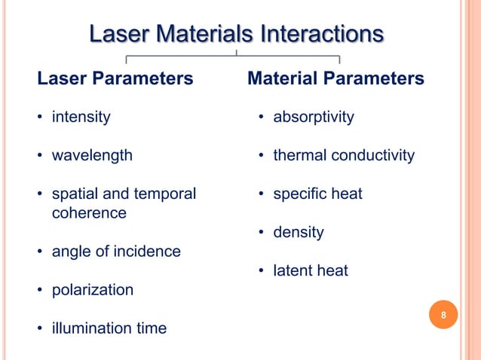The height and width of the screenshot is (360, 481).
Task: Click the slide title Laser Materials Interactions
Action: pos(236,35)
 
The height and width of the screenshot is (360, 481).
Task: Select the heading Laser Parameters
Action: pos(115,78)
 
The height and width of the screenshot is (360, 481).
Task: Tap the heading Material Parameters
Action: pos(335,78)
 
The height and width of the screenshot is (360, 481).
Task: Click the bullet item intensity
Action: pos(81,117)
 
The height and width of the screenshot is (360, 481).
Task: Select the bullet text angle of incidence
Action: pos(115,252)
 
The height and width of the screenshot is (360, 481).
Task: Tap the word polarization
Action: pos(92,290)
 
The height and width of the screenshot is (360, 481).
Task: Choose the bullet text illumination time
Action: pos(109,328)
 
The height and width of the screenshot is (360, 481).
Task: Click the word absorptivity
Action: pos(313,117)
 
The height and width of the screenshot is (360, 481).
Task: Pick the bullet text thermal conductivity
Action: pos(343,156)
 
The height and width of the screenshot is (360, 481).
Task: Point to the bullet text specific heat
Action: pos(317,194)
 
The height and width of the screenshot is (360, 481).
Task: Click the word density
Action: pos(298,233)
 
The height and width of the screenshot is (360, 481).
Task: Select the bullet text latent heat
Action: pos(310,270)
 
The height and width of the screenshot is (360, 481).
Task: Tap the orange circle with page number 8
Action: pos(443,315)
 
